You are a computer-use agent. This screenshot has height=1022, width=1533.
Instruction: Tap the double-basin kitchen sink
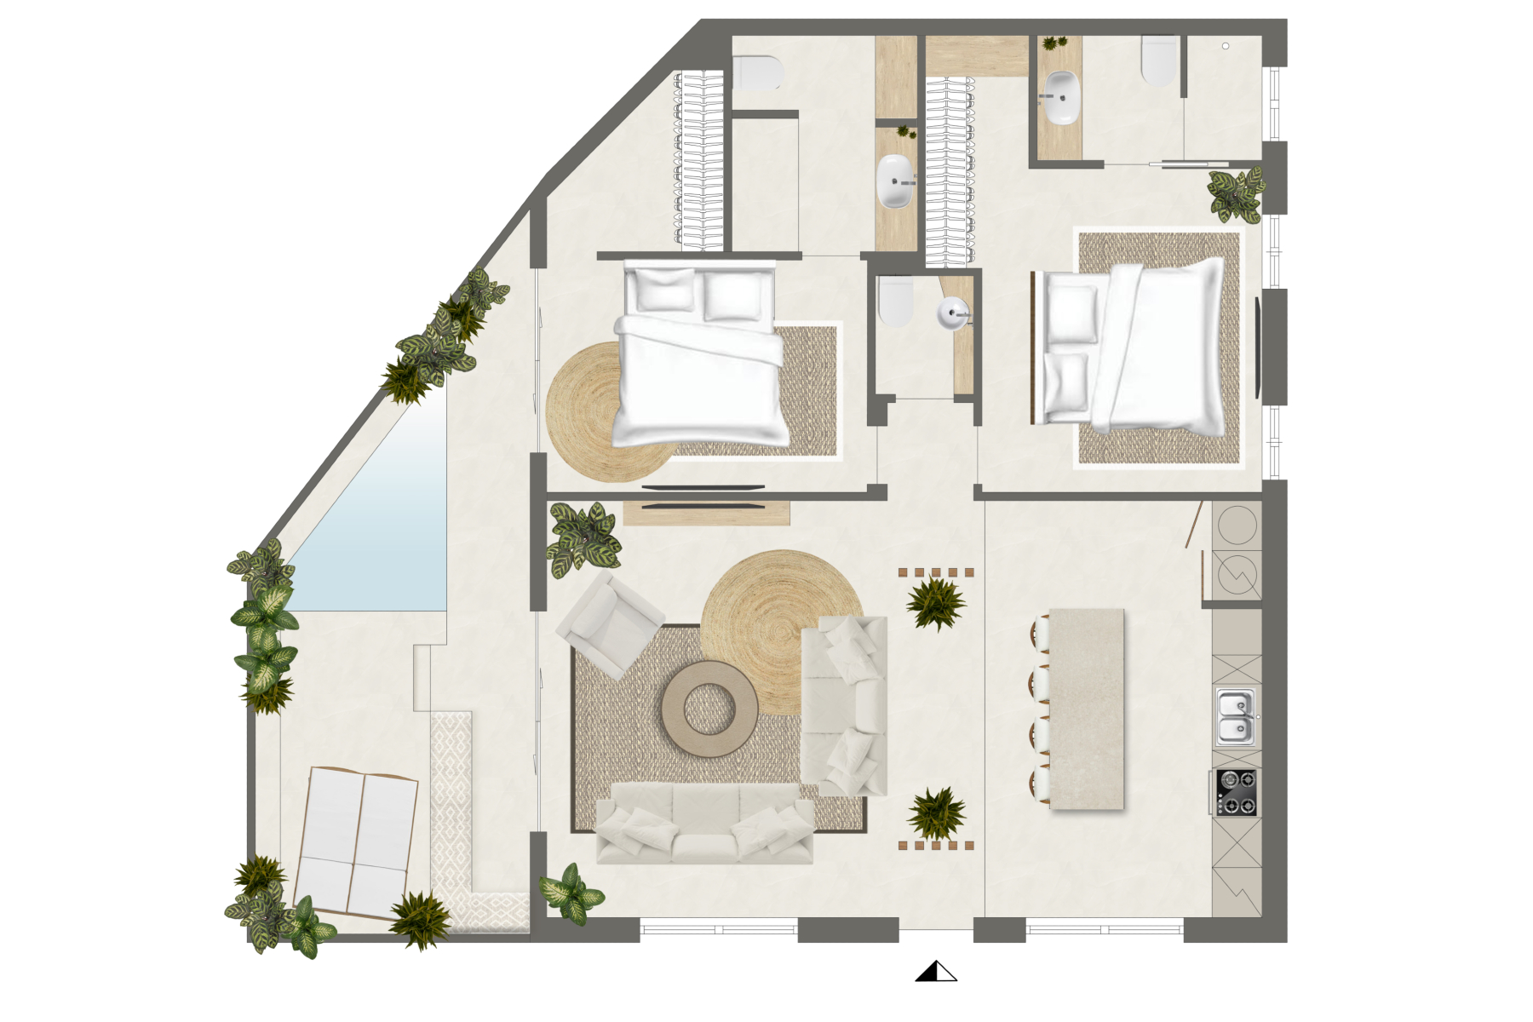pyautogui.click(x=1235, y=717)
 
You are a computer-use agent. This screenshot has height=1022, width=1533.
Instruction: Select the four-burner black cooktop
pyautogui.click(x=1236, y=792)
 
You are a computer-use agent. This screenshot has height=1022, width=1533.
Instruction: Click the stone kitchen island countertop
pyautogui.click(x=1087, y=709)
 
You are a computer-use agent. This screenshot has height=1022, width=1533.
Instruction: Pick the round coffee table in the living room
pyautogui.click(x=709, y=709)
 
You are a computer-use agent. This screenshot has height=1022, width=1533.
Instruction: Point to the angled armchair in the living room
pyautogui.click(x=609, y=623)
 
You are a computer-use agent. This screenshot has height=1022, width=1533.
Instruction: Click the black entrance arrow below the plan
pyautogui.click(x=935, y=971)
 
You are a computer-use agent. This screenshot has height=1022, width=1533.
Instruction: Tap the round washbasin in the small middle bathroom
pyautogui.click(x=954, y=313)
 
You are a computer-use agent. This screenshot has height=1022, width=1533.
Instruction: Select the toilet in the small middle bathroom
pyautogui.click(x=895, y=301)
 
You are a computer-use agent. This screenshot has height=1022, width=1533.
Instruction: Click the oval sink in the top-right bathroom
pyautogui.click(x=1062, y=97)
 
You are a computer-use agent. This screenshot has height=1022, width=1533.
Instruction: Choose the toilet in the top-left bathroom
pyautogui.click(x=757, y=73)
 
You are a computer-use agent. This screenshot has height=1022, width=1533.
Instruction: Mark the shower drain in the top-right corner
pyautogui.click(x=1226, y=46)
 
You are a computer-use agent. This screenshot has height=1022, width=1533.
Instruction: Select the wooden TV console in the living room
pyautogui.click(x=706, y=513)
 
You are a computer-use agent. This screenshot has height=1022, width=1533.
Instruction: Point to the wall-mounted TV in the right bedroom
pyautogui.click(x=1259, y=347)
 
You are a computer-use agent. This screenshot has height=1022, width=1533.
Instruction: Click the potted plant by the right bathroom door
pyautogui.click(x=1236, y=195)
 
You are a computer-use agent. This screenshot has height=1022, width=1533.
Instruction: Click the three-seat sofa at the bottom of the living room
pyautogui.click(x=704, y=824)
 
